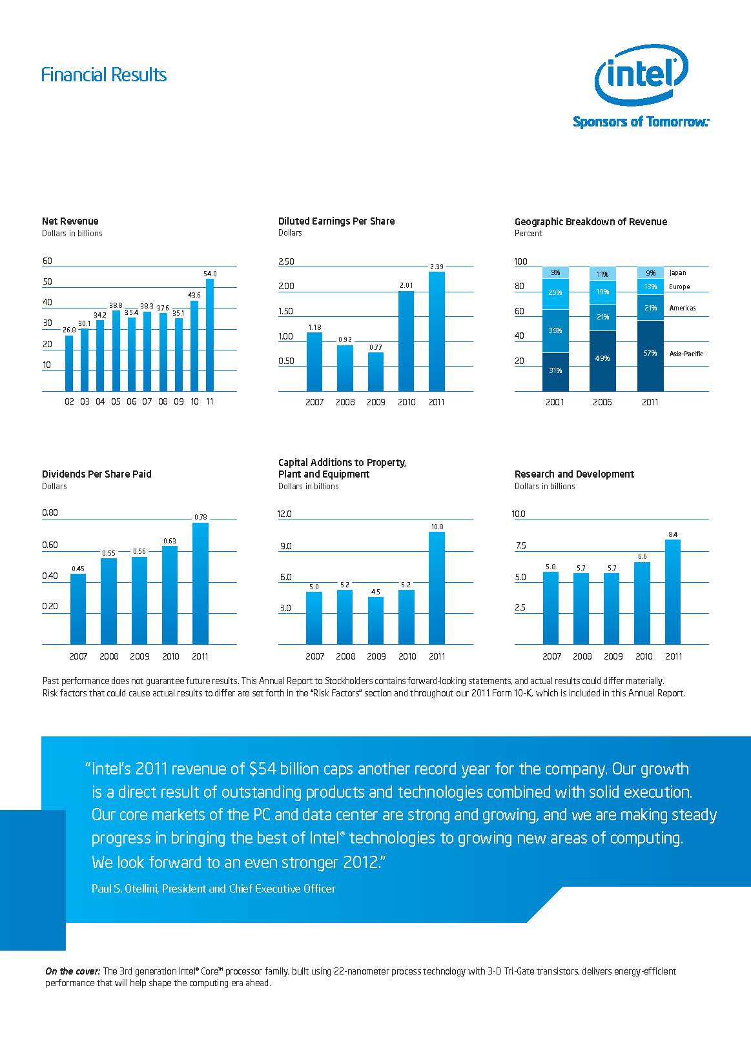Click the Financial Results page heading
(x=103, y=75)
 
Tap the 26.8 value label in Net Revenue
(x=69, y=330)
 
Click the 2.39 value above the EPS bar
(x=437, y=267)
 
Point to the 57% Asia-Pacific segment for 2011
(x=650, y=355)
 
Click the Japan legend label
(x=677, y=273)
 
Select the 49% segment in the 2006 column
(x=602, y=360)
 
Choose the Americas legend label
(x=682, y=308)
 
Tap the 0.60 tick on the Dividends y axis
(x=50, y=545)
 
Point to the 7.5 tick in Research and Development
(x=520, y=545)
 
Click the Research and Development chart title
(x=574, y=474)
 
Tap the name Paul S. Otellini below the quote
(x=124, y=889)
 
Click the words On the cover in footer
(x=72, y=971)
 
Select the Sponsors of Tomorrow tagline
(x=640, y=121)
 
